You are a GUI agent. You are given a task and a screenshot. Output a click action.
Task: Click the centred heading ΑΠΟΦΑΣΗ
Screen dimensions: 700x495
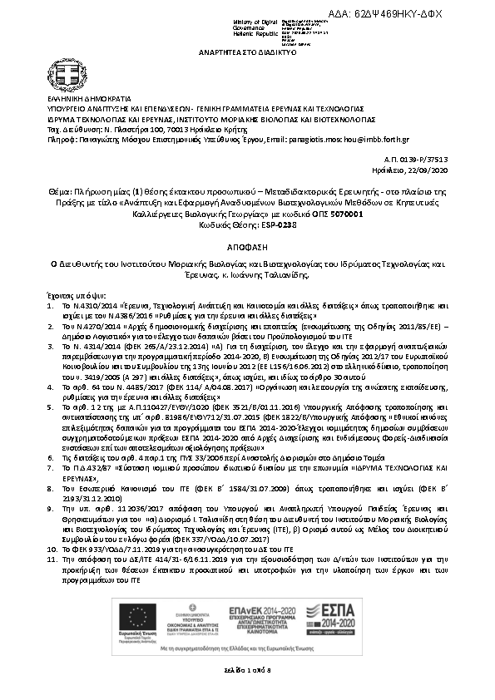(x=247, y=248)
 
